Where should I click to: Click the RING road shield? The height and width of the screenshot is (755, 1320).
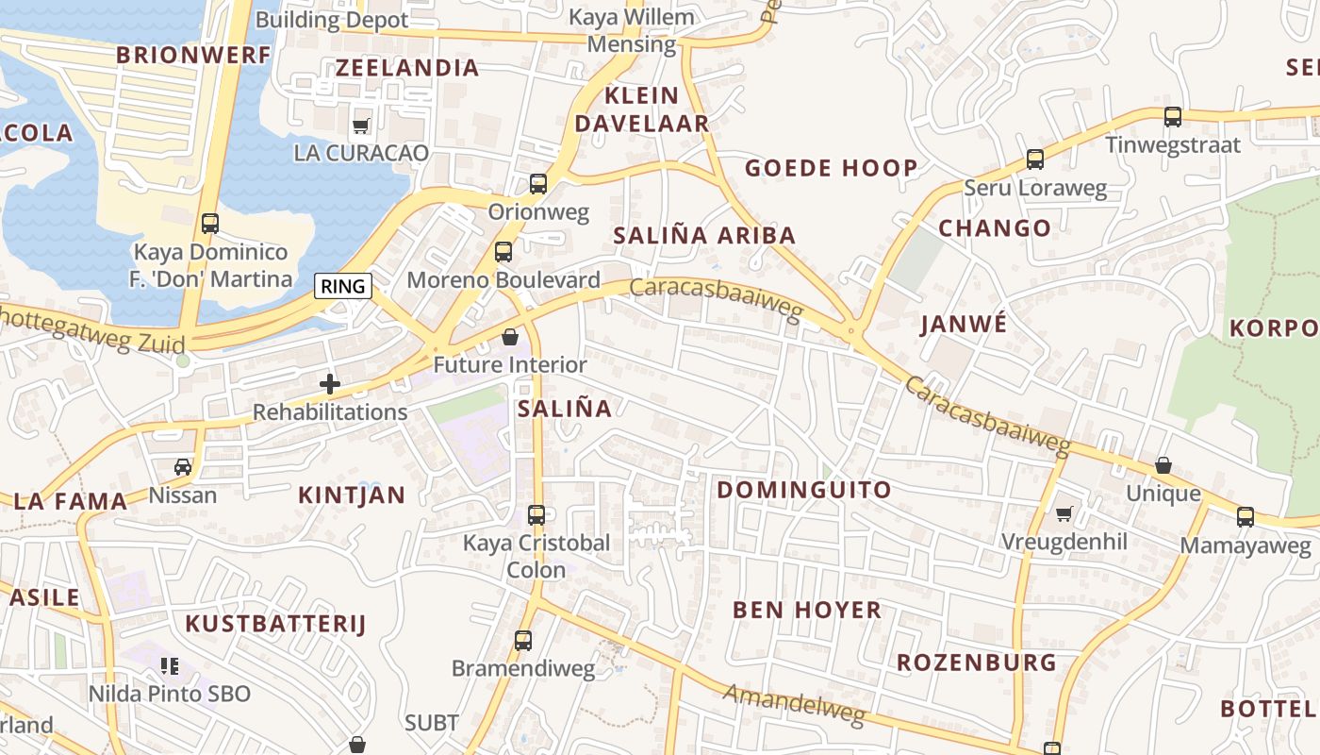[x=342, y=286]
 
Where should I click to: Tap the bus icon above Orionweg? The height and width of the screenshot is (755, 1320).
[x=538, y=184]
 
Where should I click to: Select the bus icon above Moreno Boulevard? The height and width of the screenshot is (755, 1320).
[x=503, y=252]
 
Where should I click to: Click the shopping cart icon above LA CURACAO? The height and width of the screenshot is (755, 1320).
[x=360, y=126]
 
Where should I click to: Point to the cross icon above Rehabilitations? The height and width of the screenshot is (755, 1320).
[x=330, y=384]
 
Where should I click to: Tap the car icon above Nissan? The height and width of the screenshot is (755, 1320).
[x=183, y=466]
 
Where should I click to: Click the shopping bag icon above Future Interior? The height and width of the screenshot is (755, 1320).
[x=510, y=337]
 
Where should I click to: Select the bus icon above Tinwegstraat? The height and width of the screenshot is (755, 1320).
[x=1173, y=117]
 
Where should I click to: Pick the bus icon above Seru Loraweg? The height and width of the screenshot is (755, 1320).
[x=1035, y=159]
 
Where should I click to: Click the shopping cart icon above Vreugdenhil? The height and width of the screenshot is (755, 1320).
[x=1064, y=513]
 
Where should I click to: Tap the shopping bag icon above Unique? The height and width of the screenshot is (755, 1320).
[x=1163, y=465]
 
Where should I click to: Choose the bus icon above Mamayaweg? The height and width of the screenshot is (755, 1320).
[x=1246, y=516]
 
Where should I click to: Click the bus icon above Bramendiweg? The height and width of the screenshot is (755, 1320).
[x=523, y=641]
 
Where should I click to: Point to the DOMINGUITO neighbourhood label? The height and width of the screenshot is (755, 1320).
[x=804, y=490]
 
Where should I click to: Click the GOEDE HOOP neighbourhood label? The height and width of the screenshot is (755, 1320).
[x=831, y=169]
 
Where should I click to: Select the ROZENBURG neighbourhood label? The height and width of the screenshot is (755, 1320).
[x=976, y=663]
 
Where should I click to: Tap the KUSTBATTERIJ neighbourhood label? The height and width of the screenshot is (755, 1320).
[x=275, y=624]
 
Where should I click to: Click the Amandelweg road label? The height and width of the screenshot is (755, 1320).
[x=794, y=705]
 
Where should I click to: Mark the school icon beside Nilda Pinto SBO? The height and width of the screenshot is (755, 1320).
[x=170, y=666]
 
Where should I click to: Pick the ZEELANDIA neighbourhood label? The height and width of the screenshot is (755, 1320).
[x=407, y=68]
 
